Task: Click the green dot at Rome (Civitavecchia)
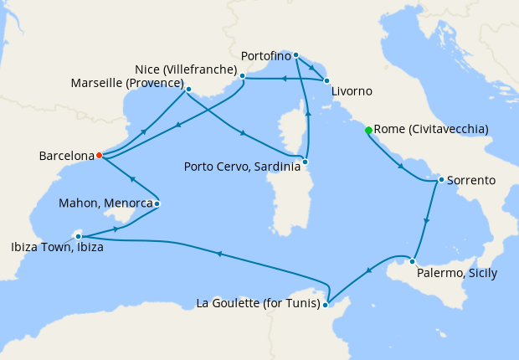367,130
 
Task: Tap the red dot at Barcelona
99,155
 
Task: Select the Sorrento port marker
441,179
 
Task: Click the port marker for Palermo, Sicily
412,261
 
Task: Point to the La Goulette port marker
326,304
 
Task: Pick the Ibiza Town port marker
78,236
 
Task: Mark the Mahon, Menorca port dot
157,203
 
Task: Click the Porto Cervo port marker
306,161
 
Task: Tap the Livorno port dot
326,80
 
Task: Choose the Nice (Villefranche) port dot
242,76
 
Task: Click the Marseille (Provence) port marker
188,89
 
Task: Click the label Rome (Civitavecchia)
431,130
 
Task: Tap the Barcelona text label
66,156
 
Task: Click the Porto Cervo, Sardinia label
242,167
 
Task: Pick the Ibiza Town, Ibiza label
58,247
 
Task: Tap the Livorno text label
352,90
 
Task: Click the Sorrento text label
471,180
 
